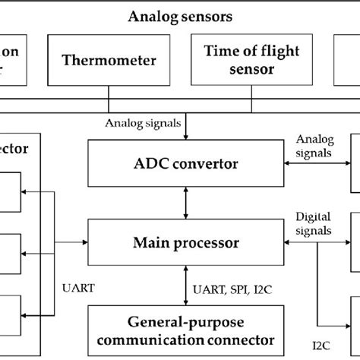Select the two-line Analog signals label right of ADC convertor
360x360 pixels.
pyautogui.click(x=313, y=145)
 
